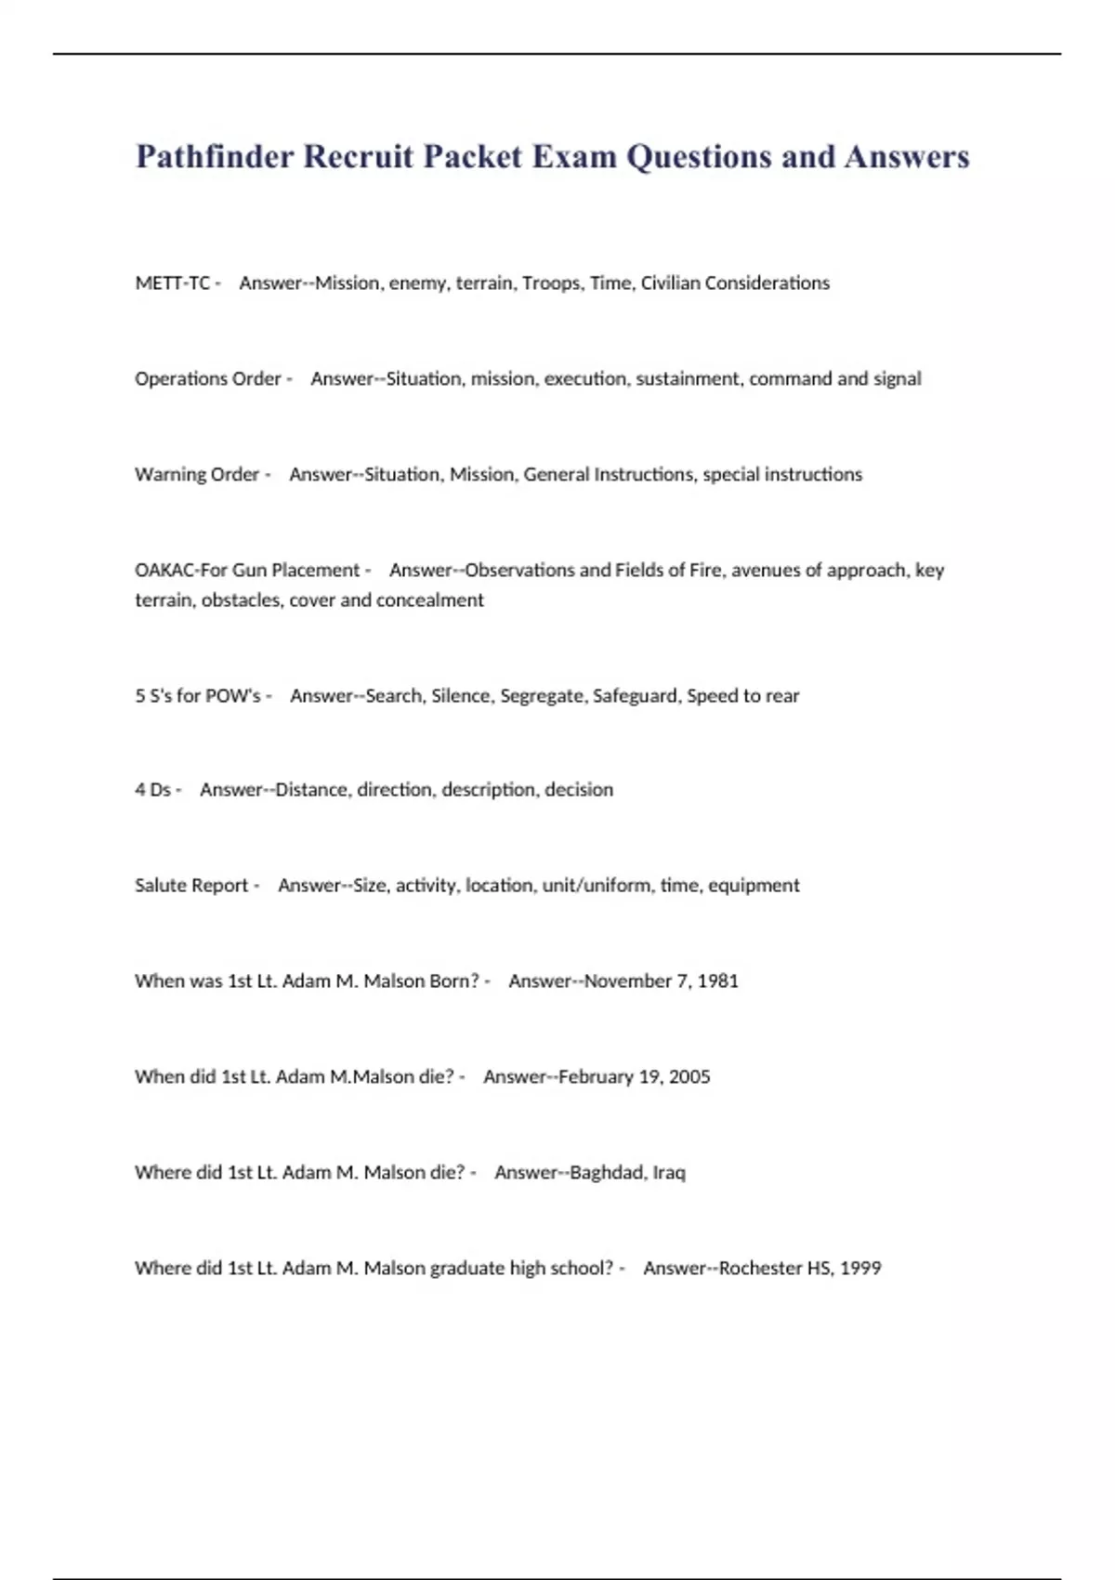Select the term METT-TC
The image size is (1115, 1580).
coord(172,283)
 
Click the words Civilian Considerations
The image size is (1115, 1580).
coord(735,283)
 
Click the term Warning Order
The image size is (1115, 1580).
coord(197,474)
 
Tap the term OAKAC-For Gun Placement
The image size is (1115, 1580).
coord(247,570)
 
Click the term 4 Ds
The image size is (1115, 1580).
coord(152,789)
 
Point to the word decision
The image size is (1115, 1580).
coord(579,789)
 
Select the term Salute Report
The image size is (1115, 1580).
coord(191,885)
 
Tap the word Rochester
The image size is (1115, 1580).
coord(760,1268)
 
